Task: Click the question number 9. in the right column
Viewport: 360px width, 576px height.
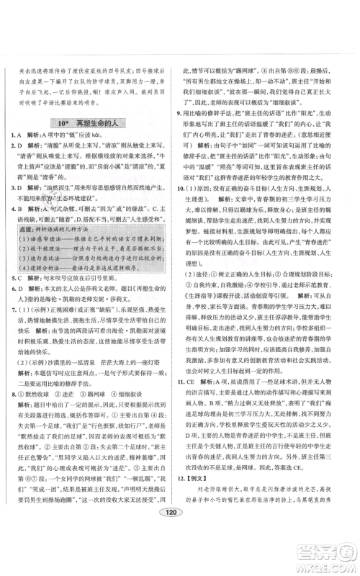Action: point(187,113)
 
